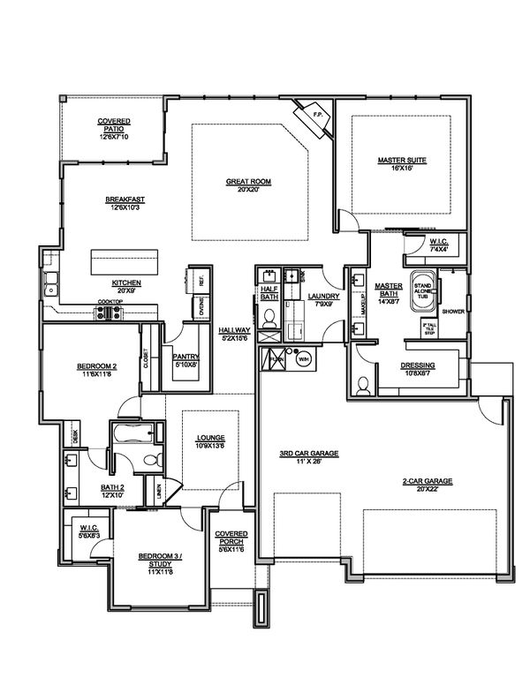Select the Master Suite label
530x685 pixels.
(402, 160)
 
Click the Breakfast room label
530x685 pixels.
(125, 199)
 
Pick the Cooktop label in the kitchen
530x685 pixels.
(110, 303)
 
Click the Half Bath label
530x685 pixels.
(269, 291)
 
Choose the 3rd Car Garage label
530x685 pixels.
(309, 454)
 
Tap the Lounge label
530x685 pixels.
(212, 438)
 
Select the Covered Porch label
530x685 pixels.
(231, 538)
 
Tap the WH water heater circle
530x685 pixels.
(303, 359)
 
